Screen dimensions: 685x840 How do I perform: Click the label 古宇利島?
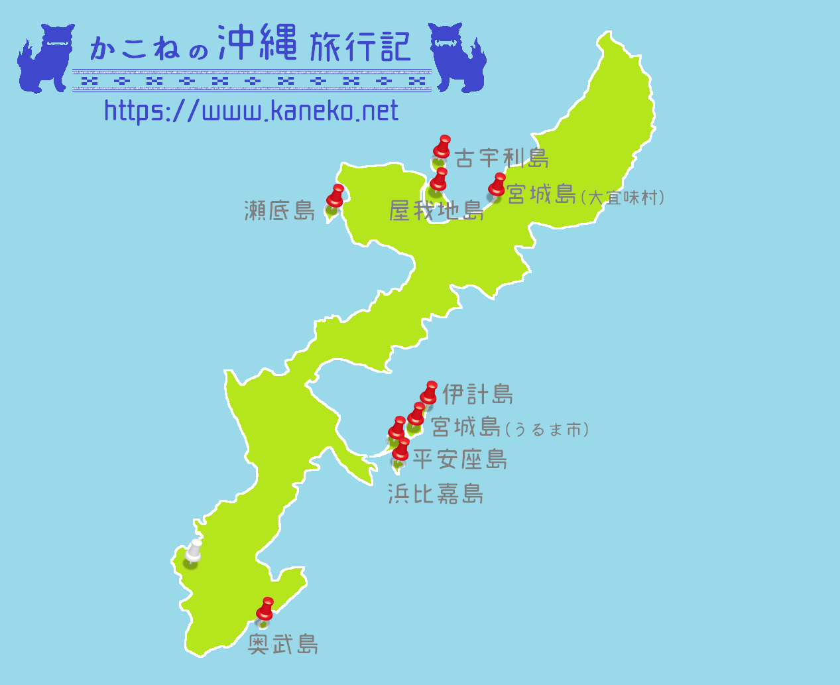[x=502, y=158]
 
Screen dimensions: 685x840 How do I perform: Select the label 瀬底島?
[x=280, y=211]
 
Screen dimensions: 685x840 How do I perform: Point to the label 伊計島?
[x=477, y=395]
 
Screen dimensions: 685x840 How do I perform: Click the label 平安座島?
[x=460, y=459]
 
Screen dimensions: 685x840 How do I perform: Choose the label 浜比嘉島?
[x=436, y=494]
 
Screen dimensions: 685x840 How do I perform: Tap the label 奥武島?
[x=283, y=644]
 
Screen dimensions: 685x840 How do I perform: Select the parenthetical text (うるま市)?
[x=546, y=430]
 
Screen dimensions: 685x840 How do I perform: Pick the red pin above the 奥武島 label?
[x=265, y=609]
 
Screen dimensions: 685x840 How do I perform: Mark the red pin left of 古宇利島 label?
[x=442, y=148]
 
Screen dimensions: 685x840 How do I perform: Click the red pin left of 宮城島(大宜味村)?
[x=497, y=186]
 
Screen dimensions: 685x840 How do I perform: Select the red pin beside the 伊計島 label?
[x=430, y=393]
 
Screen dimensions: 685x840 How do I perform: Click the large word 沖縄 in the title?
[x=257, y=44]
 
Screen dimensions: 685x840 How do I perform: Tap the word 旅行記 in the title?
[x=360, y=46]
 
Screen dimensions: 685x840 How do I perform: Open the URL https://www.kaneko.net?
[x=251, y=111]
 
